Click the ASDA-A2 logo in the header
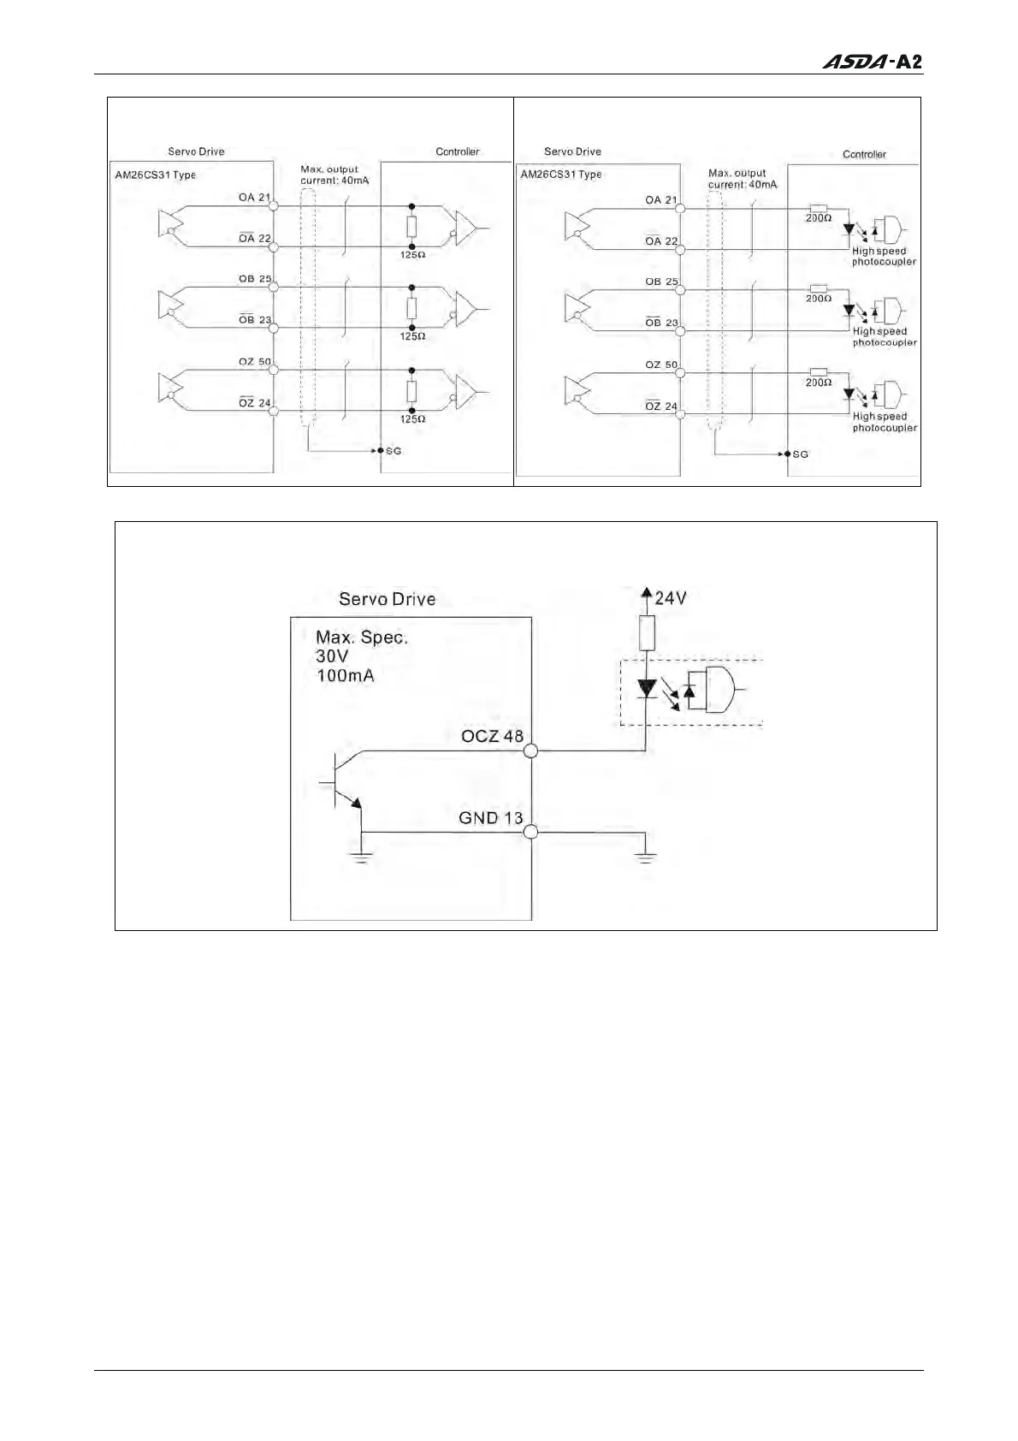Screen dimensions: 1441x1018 click(872, 62)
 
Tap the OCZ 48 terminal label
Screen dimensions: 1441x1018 click(492, 736)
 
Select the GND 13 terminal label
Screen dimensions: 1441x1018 click(490, 818)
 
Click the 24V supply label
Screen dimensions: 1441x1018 click(670, 598)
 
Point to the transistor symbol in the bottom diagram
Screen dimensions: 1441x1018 click(345, 783)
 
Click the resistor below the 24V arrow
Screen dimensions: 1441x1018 click(647, 632)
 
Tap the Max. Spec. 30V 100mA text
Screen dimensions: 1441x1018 click(361, 656)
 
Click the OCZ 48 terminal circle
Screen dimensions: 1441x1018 click(530, 750)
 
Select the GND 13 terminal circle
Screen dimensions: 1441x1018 click(530, 832)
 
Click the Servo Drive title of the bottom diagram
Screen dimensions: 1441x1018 click(387, 599)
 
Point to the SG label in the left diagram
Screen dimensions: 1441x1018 click(394, 451)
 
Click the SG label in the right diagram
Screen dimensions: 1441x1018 click(800, 454)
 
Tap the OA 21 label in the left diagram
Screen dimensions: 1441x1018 click(254, 198)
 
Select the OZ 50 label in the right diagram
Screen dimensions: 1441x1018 click(661, 365)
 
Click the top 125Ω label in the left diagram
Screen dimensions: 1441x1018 click(412, 255)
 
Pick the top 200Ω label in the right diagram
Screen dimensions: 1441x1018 click(818, 219)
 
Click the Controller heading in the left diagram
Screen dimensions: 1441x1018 click(458, 151)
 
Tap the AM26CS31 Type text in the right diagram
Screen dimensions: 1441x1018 click(560, 175)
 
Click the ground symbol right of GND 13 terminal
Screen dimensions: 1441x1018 click(646, 856)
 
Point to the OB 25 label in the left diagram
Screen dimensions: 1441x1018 click(255, 279)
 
